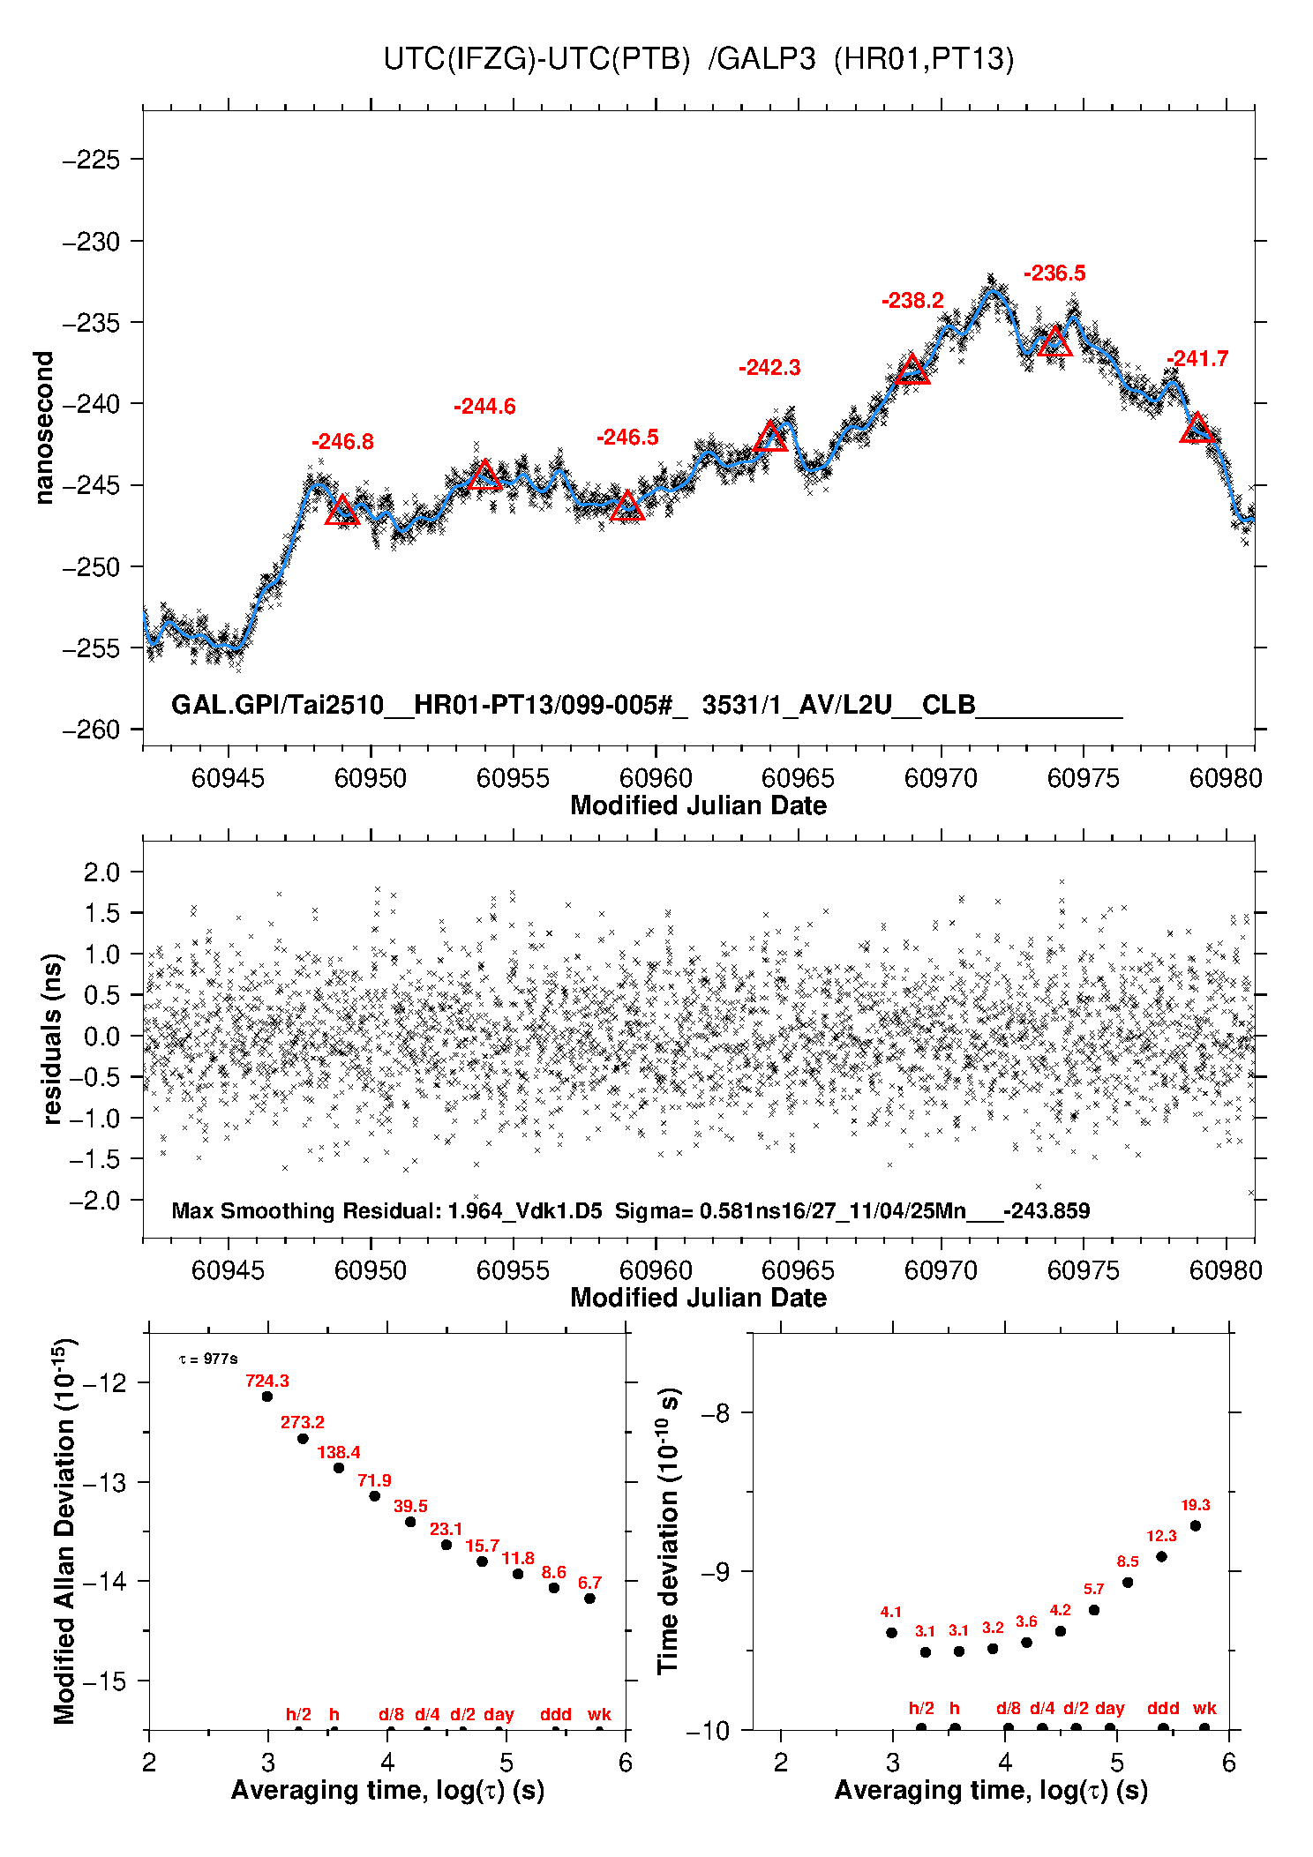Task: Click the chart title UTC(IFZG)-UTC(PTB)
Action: tap(536, 59)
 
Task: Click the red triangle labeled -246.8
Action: tap(341, 511)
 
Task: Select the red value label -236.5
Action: tap(1054, 273)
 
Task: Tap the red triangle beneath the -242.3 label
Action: tap(770, 437)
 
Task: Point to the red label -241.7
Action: tap(1197, 359)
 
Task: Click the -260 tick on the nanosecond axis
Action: tap(91, 730)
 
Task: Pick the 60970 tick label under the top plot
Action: tap(941, 778)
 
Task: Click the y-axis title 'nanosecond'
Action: tap(43, 428)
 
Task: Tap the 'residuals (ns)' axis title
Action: tap(53, 1038)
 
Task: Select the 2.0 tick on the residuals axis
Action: tap(101, 872)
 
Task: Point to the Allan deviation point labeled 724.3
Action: tap(267, 1396)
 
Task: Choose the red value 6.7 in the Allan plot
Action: tap(589, 1583)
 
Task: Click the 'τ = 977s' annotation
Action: tap(208, 1359)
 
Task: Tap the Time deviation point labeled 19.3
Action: tap(1196, 1525)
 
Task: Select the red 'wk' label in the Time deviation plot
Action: tap(1204, 1708)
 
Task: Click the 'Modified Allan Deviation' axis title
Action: tap(64, 1531)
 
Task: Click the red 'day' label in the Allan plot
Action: tap(499, 1714)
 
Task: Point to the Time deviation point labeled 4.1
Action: tap(891, 1633)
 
